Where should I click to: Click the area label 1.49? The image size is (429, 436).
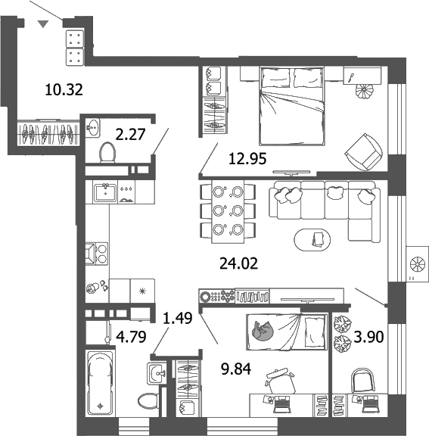(178, 319)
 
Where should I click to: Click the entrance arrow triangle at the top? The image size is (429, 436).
(44, 24)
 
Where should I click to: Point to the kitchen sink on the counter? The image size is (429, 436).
(104, 192)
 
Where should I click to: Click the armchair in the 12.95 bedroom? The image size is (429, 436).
(362, 150)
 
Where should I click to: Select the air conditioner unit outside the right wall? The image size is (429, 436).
(417, 263)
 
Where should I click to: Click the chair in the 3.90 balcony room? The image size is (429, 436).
(364, 380)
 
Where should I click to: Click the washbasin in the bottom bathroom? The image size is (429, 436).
(156, 372)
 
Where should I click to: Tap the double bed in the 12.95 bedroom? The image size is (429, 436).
(289, 105)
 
